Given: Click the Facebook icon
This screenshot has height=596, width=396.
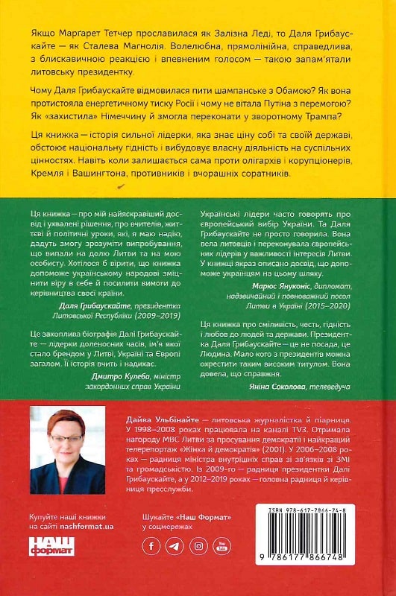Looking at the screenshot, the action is (151, 545).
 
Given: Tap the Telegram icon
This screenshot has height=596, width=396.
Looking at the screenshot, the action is (175, 545).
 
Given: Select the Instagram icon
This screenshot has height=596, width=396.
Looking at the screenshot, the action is (199, 545).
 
